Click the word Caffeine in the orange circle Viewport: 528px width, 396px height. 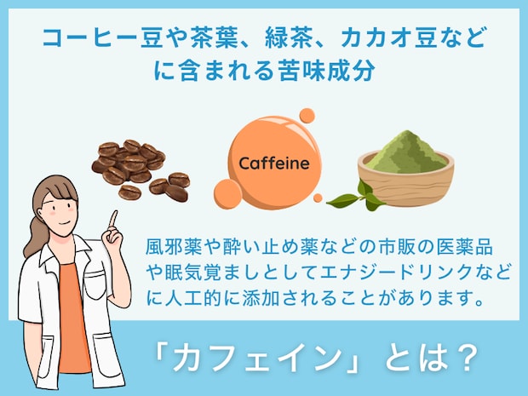point(268,163)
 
